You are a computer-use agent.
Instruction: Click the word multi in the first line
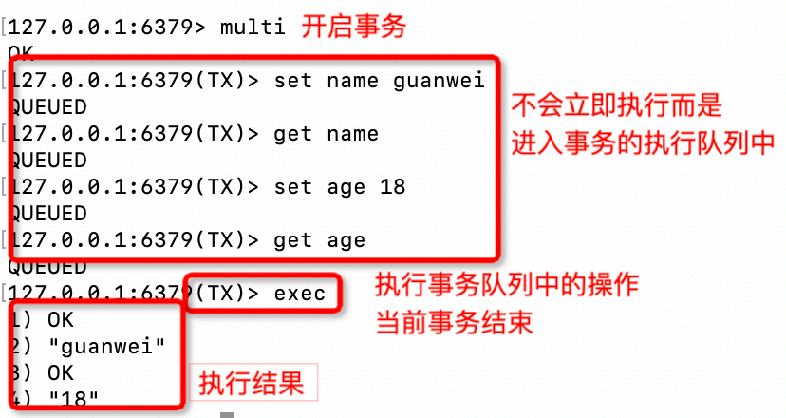click(252, 26)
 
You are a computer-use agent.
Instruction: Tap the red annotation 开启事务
click(353, 26)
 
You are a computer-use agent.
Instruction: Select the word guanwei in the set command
click(439, 80)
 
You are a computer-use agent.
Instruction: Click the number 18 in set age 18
click(392, 187)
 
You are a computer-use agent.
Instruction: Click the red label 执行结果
click(251, 384)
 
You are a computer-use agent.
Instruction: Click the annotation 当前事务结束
click(455, 322)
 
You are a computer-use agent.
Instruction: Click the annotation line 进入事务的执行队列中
click(644, 142)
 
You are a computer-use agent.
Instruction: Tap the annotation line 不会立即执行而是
click(617, 104)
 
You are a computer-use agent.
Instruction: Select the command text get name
click(326, 134)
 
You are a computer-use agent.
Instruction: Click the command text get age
click(319, 240)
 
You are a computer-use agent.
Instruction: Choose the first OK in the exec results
click(59, 319)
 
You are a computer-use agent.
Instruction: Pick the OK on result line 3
click(59, 371)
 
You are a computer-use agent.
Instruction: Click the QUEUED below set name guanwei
click(47, 106)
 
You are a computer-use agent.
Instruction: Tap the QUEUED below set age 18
click(47, 214)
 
